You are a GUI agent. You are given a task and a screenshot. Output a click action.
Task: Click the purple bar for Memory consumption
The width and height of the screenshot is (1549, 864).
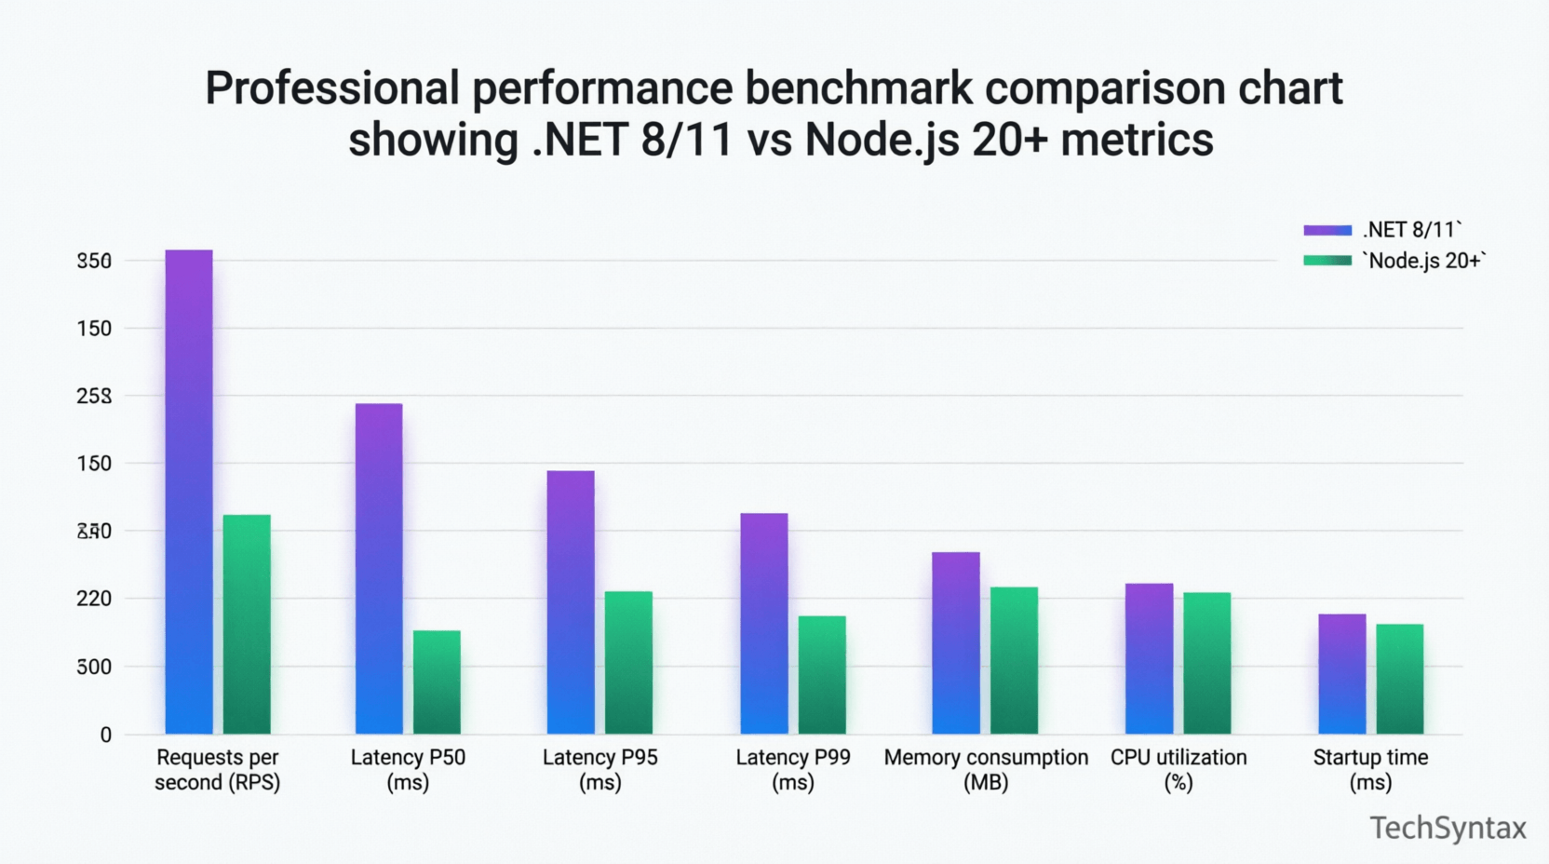[x=956, y=643]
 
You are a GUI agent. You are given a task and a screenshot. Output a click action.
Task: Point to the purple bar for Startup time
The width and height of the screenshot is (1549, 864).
[x=1342, y=674]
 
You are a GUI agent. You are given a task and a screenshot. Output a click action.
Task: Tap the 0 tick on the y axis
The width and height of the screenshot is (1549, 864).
[x=105, y=736]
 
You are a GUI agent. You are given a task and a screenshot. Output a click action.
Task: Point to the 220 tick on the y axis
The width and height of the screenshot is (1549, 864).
[x=94, y=599]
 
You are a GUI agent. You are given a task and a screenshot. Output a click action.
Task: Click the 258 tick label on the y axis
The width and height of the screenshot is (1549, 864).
[x=94, y=396]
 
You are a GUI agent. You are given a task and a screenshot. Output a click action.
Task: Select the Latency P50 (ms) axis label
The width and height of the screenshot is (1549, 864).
[x=408, y=769]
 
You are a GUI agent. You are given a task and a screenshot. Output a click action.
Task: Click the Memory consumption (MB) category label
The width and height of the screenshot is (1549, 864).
[x=986, y=769]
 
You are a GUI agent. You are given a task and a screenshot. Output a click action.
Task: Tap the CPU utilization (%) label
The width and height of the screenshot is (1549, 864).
[x=1179, y=769]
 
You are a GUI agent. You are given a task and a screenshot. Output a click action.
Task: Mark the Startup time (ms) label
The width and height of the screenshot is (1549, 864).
[x=1370, y=769]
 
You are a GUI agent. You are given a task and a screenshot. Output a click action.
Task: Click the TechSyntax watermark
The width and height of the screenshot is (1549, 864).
[x=1448, y=828]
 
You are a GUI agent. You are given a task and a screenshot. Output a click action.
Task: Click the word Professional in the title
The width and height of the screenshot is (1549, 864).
[x=332, y=88]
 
